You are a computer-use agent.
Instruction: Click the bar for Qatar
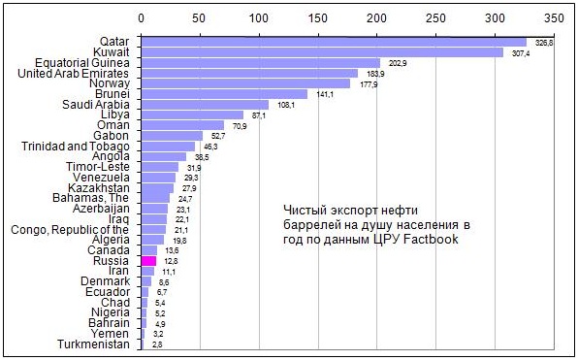click(333, 42)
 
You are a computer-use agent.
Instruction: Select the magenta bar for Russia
click(148, 260)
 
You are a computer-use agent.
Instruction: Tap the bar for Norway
click(245, 83)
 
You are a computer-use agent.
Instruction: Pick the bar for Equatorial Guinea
click(261, 63)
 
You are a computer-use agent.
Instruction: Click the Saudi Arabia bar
click(205, 105)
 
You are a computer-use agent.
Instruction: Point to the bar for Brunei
click(224, 94)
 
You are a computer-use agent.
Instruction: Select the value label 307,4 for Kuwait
click(521, 53)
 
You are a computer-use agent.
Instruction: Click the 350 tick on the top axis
click(555, 18)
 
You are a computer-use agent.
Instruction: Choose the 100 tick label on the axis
click(259, 18)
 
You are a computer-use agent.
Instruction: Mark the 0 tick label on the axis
click(142, 18)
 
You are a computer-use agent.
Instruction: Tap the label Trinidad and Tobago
click(75, 146)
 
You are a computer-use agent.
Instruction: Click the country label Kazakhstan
click(97, 187)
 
